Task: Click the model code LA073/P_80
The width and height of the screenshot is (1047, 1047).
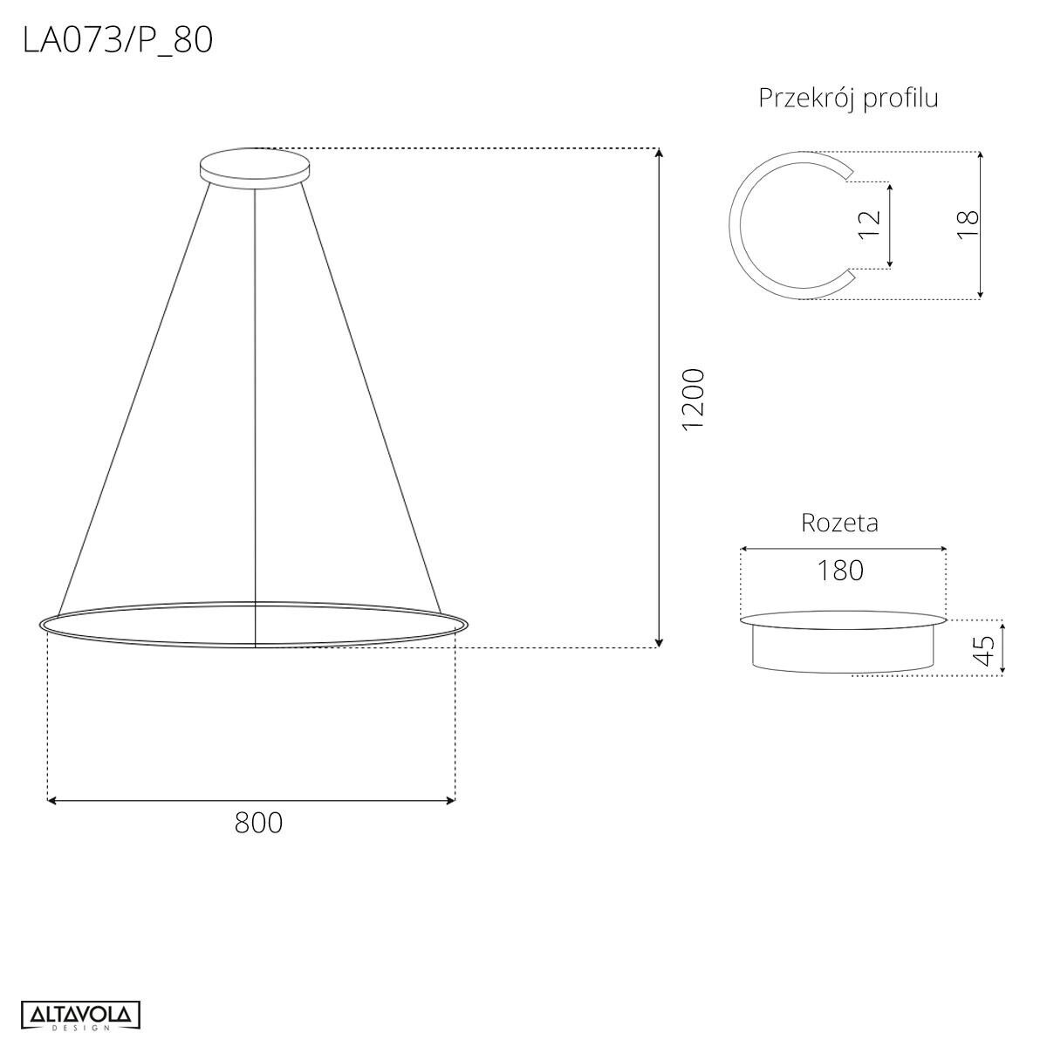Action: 118,40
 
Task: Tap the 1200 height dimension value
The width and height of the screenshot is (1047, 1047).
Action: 693,399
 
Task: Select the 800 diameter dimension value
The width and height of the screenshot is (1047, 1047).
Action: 258,822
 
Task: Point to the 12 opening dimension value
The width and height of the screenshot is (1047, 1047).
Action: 870,225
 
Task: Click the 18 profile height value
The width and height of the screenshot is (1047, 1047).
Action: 968,225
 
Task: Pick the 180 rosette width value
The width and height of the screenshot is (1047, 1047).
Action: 840,570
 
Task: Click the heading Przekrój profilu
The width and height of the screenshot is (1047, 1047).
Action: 848,98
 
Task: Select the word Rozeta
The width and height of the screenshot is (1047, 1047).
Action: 839,523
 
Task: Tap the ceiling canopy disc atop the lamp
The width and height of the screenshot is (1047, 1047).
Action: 254,165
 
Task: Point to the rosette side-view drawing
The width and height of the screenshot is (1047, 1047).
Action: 843,644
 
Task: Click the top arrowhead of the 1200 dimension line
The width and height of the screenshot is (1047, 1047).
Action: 660,153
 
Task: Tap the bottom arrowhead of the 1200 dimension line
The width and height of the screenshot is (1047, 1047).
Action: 660,643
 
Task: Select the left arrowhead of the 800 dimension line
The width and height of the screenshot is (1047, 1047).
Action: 51,799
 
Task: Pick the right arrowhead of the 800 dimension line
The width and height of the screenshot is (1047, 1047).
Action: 451,799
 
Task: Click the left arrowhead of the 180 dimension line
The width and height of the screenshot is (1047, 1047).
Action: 744,549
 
